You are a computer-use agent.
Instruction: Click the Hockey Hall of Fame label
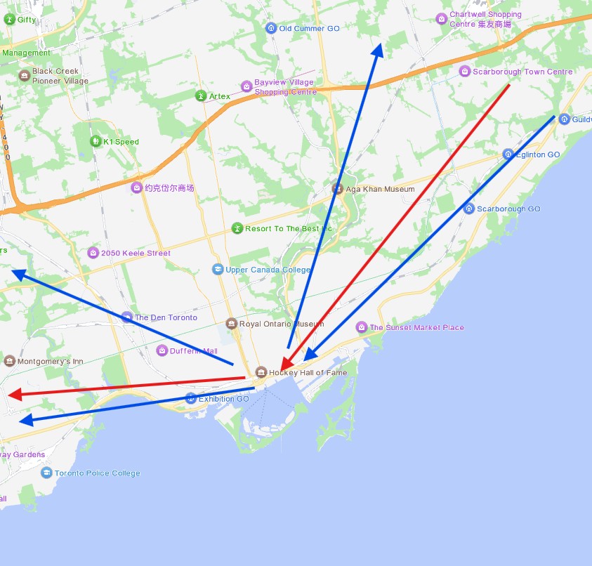[x=308, y=372]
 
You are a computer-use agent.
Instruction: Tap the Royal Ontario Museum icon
[x=232, y=324]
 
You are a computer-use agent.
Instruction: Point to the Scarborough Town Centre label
[x=522, y=72]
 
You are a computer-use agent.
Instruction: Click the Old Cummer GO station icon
[x=271, y=28]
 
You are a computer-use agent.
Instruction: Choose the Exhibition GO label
[x=223, y=399]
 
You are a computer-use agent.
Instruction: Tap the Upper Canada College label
[x=268, y=270]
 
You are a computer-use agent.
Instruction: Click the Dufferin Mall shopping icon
[x=162, y=350]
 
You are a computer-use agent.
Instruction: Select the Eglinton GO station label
[x=538, y=154]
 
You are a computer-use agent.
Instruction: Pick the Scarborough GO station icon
[x=469, y=209]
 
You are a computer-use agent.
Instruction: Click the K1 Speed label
[x=121, y=142]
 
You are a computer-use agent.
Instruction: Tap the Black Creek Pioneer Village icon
[x=25, y=75]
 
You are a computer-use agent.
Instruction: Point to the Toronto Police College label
[x=98, y=473]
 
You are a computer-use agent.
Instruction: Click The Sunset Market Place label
[x=416, y=327]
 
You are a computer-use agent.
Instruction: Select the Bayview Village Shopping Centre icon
[x=246, y=86]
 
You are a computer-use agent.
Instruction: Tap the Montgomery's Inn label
[x=50, y=362]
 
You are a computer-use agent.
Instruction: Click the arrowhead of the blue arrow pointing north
[x=378, y=48]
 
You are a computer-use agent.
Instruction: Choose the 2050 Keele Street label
[x=136, y=253]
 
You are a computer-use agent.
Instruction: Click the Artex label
[x=219, y=96]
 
